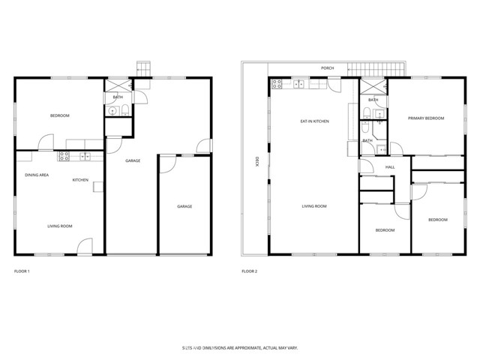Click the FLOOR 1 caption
click(x=22, y=271)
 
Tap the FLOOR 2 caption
click(x=249, y=271)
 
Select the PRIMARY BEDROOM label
click(x=426, y=118)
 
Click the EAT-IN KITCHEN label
click(x=314, y=121)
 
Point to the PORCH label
click(x=327, y=68)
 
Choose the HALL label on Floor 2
click(x=390, y=167)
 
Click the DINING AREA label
click(x=37, y=175)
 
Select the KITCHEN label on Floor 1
click(x=81, y=180)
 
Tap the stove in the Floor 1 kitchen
click(x=64, y=156)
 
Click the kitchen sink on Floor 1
click(x=85, y=156)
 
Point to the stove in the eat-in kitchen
click(x=277, y=83)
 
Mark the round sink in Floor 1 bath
click(x=112, y=112)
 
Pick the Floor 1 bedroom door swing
click(x=46, y=142)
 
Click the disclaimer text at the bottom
click(x=239, y=348)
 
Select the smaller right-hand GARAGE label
click(x=184, y=206)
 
